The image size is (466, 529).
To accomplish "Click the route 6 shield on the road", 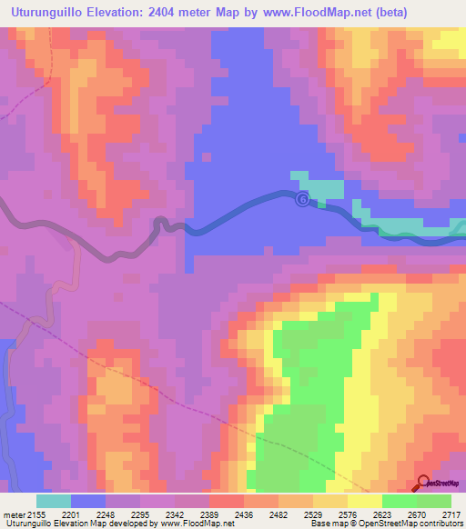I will coord(303,199).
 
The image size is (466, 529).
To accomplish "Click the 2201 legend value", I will coord(87,514).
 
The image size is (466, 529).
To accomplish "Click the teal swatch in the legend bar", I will coord(54,501).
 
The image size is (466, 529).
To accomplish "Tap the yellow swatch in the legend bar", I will coord(364,501).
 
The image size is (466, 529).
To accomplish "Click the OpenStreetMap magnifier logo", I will coord(423,484).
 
